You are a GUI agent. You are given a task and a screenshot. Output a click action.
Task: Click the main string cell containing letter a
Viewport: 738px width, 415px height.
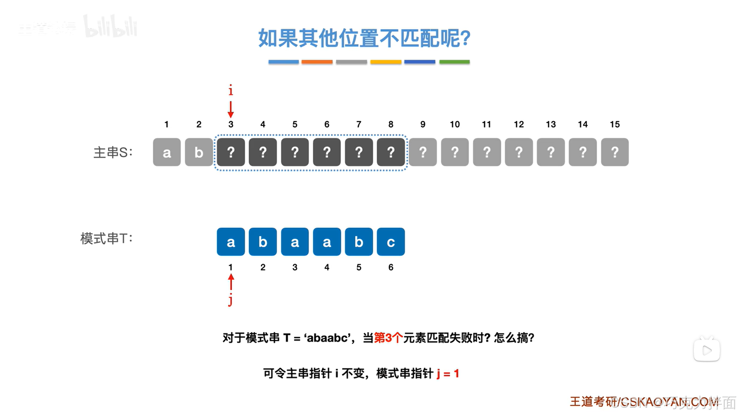click(x=167, y=152)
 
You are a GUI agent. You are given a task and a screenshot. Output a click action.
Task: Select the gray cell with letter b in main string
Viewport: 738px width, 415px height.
click(x=198, y=152)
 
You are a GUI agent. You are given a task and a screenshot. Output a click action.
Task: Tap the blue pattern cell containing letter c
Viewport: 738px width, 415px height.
click(x=391, y=242)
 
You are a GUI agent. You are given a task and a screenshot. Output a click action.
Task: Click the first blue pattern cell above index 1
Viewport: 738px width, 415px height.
click(x=231, y=242)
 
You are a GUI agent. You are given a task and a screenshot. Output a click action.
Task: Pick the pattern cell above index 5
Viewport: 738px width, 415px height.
click(x=359, y=242)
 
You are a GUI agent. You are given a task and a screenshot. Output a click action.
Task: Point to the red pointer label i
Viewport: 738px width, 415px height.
click(x=231, y=90)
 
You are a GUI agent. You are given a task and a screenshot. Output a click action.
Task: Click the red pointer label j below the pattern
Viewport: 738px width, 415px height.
click(x=230, y=300)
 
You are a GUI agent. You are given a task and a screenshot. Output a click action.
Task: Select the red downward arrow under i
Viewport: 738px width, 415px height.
click(x=231, y=109)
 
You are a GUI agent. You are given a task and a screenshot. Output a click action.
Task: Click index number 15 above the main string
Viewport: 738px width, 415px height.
click(x=615, y=124)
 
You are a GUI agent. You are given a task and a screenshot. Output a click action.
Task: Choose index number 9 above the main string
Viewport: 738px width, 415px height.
click(x=423, y=124)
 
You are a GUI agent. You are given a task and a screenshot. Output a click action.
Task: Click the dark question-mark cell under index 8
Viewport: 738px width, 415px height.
click(x=391, y=152)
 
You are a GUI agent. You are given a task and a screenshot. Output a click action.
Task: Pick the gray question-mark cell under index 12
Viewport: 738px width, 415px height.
click(x=519, y=152)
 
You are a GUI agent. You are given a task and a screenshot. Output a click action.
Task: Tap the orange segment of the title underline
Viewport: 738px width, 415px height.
click(x=317, y=62)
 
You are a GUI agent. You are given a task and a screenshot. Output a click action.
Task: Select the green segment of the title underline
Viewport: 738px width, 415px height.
click(x=454, y=62)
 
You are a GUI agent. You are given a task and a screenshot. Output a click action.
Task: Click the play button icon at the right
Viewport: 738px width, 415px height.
click(x=706, y=350)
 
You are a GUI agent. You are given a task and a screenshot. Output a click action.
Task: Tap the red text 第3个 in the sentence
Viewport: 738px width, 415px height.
click(x=388, y=338)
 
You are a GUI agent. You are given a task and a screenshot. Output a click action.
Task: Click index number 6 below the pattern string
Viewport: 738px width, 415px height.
click(x=391, y=267)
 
